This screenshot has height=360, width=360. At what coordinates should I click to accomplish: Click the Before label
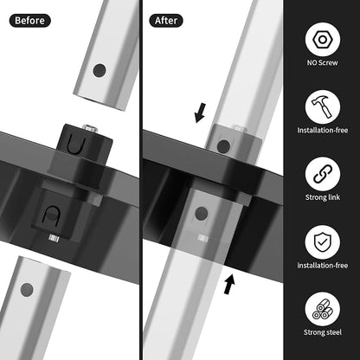pyautogui.click(x=29, y=21)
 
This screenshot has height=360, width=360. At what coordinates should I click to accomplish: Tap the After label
pyautogui.click(x=166, y=21)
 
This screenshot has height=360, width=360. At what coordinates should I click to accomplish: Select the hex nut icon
pyautogui.click(x=323, y=39)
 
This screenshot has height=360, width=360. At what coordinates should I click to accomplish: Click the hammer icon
pyautogui.click(x=323, y=106)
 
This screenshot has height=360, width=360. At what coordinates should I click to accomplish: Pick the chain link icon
pyautogui.click(x=323, y=174)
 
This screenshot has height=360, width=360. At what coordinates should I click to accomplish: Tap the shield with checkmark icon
pyautogui.click(x=323, y=241)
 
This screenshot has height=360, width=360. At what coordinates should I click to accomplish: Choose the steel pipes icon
pyautogui.click(x=323, y=309)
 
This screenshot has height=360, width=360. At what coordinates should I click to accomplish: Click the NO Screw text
pyautogui.click(x=322, y=62)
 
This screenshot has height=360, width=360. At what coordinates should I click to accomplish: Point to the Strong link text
pyautogui.click(x=323, y=197)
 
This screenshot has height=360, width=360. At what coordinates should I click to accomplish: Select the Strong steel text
pyautogui.click(x=323, y=332)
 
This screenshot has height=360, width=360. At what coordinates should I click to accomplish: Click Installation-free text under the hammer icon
pyautogui.click(x=323, y=130)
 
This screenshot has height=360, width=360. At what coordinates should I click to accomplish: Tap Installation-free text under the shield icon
pyautogui.click(x=323, y=265)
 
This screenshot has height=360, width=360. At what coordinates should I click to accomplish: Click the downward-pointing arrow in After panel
pyautogui.click(x=200, y=112)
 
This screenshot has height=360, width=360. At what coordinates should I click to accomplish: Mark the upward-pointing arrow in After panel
pyautogui.click(x=229, y=284)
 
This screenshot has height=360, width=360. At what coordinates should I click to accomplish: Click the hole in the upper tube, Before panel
pyautogui.click(x=100, y=70)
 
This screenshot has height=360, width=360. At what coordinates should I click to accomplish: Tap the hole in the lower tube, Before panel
pyautogui.click(x=27, y=290)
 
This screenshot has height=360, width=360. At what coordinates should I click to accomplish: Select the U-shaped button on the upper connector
pyautogui.click(x=76, y=145)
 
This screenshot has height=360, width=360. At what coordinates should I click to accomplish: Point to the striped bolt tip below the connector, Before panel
pyautogui.click(x=54, y=238)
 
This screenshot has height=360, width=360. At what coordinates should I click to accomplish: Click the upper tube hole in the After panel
pyautogui.click(x=223, y=146)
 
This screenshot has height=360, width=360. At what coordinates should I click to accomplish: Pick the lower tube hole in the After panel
pyautogui.click(x=202, y=214)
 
